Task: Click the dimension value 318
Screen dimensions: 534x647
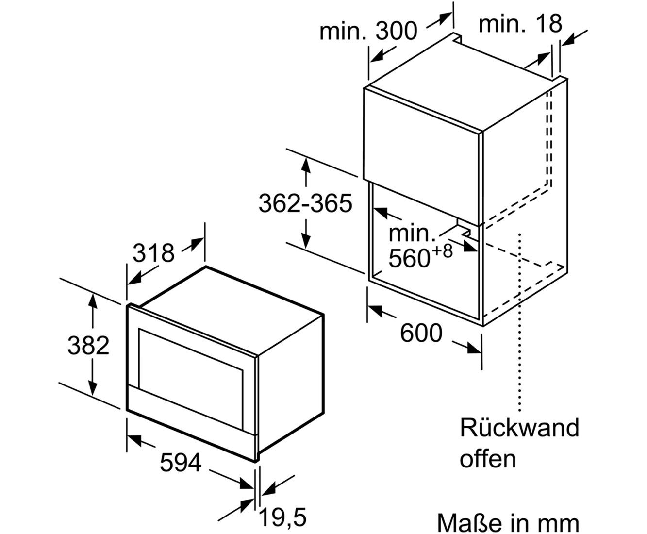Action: tap(153, 253)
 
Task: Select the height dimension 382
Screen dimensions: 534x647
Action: tap(88, 346)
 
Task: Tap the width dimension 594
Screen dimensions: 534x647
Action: tap(180, 463)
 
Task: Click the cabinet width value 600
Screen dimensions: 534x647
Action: tap(421, 334)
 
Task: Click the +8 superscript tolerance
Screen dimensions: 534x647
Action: tap(441, 252)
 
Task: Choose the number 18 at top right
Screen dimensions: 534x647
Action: tap(549, 23)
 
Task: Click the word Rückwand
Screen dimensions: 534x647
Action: tap(519, 428)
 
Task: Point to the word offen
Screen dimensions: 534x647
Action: tap(488, 458)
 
